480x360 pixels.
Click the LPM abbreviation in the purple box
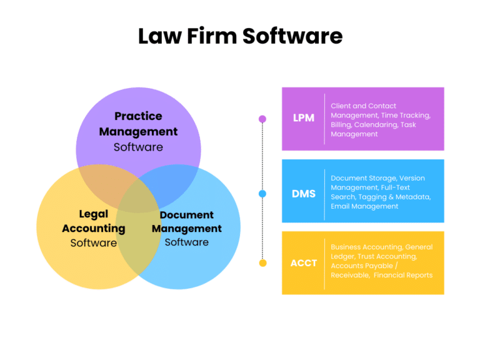coord(303,118)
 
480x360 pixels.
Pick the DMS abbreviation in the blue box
coord(303,194)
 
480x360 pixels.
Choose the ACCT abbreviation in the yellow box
coord(303,263)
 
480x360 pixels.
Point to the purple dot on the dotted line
coord(262,119)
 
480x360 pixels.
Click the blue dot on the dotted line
coord(262,194)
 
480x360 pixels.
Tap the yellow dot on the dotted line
coord(262,263)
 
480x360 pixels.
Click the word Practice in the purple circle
coord(138,116)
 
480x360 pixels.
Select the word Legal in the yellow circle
coord(94,214)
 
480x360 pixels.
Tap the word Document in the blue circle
coord(187,215)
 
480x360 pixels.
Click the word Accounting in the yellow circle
coord(94,228)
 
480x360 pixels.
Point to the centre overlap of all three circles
coord(139,199)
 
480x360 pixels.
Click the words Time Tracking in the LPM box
coord(406,116)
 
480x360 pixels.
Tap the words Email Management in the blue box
coord(364,206)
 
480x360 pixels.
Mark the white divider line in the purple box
coord(324,119)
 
